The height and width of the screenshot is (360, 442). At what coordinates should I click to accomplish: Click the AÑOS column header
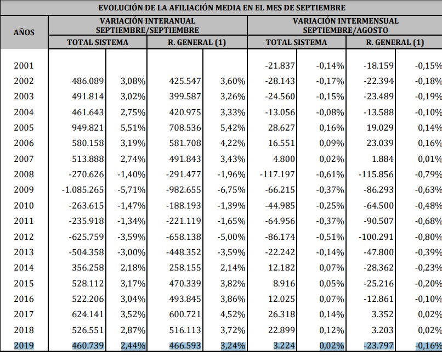point(24,32)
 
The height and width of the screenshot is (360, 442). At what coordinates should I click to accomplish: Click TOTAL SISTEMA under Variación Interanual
point(98,42)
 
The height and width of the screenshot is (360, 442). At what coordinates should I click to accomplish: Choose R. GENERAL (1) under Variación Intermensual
point(395,42)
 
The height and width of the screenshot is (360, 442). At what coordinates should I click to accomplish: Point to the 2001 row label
point(24,66)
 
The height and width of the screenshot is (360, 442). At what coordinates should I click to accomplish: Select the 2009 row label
point(24,190)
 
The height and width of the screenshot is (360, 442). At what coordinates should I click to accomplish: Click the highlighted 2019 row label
point(24,346)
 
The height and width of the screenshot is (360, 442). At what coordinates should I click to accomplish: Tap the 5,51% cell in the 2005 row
point(133,128)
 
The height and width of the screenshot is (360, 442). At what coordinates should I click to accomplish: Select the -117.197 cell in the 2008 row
point(277,175)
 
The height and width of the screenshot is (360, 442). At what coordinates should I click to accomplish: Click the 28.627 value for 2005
point(281,128)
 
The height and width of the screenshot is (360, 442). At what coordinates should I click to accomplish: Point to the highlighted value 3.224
point(283,346)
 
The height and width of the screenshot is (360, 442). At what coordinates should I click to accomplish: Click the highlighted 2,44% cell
point(133,346)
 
